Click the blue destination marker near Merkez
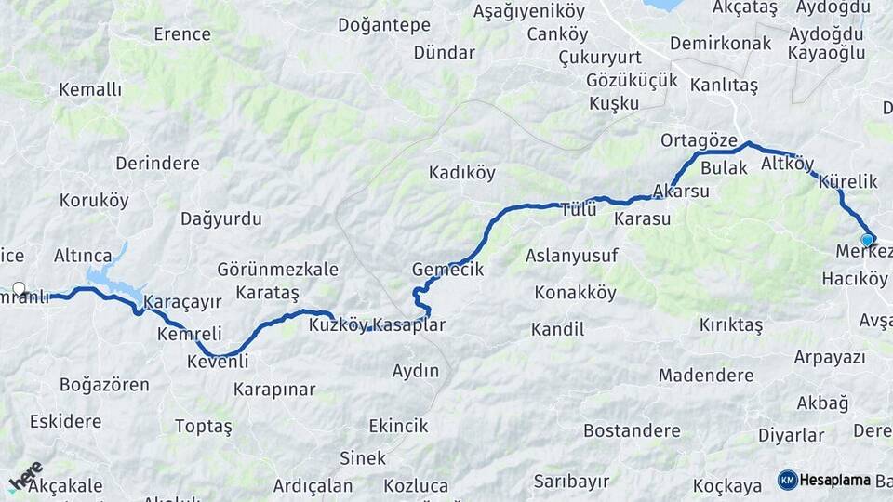867,240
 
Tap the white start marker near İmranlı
19,288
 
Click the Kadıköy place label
461,172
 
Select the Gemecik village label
447,270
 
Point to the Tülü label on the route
578,210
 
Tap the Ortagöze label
692,140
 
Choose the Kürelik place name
848,182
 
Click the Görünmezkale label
277,270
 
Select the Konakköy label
575,293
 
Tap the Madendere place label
705,376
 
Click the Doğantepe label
384,25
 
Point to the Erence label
182,34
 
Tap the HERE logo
26,475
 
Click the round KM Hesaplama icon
787,480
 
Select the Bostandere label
632,430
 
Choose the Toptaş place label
203,426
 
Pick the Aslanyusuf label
571,255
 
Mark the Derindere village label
157,164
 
